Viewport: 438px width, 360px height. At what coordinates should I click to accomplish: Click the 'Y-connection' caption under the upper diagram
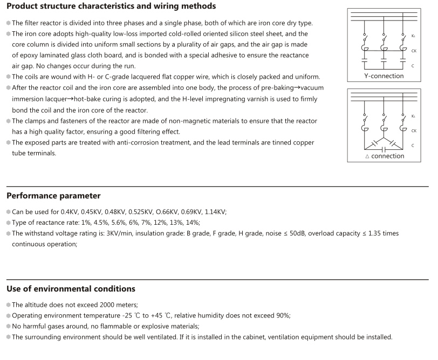click(x=384, y=76)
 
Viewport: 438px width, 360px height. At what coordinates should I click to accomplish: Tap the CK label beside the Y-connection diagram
click(x=413, y=50)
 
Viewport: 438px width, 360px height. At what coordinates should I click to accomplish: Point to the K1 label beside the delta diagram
click(x=413, y=116)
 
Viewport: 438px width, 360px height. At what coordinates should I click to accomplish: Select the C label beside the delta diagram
click(x=413, y=146)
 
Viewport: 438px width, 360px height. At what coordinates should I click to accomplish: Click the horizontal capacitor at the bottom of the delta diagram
click(x=384, y=149)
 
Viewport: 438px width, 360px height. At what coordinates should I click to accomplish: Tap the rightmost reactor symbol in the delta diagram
click(x=403, y=129)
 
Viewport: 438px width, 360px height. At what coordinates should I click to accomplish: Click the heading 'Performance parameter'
click(x=53, y=196)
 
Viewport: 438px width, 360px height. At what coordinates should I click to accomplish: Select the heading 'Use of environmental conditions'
click(x=71, y=289)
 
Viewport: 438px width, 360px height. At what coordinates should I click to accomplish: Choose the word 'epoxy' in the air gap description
click(x=30, y=56)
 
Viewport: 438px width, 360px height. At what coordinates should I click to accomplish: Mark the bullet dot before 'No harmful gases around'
click(x=8, y=327)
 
